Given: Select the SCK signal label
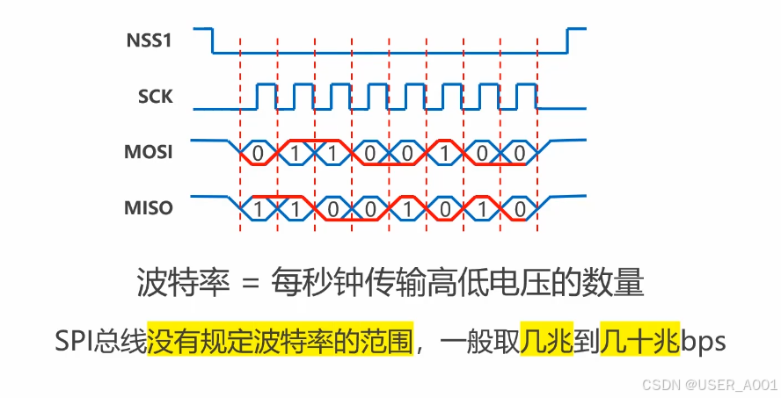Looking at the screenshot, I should [156, 97].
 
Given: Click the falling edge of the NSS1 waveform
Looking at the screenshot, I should [213, 40].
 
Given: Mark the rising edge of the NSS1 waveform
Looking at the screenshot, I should [567, 40].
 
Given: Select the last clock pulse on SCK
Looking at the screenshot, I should [526, 97].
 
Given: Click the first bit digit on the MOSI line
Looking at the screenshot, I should [257, 153].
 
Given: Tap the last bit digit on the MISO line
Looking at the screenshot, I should [520, 209].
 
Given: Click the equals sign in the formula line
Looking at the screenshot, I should [252, 283].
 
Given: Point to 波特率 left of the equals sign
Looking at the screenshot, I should [182, 283].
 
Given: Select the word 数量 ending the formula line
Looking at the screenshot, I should [618, 283].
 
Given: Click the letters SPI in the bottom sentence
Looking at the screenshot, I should [77, 340].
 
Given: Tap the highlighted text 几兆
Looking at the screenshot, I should [546, 340].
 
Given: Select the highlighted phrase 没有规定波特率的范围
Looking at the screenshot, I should [281, 340].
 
